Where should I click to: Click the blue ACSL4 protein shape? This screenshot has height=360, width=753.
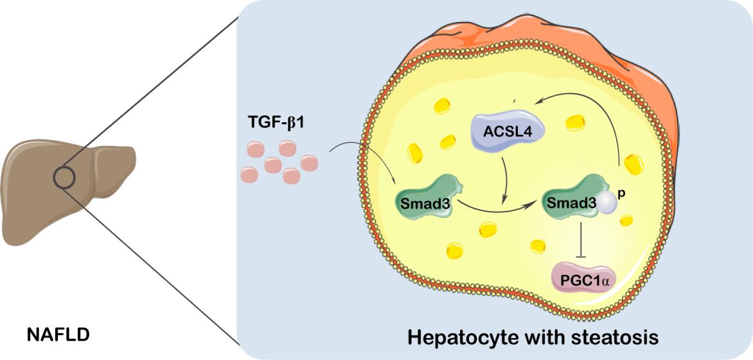click(x=508, y=131)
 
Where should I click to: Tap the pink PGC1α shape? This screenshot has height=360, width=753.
click(x=581, y=280)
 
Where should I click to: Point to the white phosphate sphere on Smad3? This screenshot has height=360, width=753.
click(x=607, y=204)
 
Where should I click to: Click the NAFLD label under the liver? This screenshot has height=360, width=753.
click(x=58, y=334)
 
